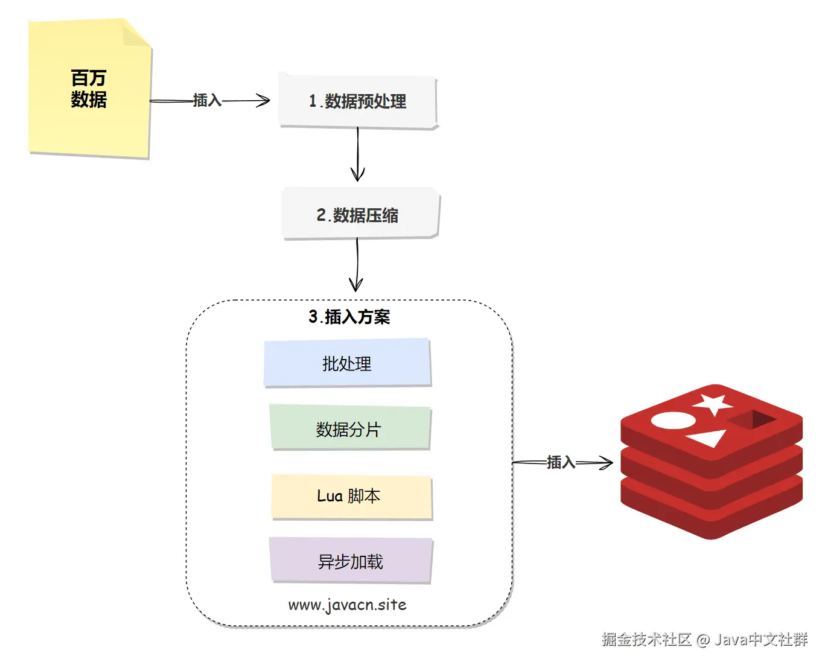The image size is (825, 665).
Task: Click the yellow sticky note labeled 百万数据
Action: [x=90, y=89]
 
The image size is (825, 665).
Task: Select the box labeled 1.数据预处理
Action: [x=358, y=101]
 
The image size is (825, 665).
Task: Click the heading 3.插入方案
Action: [x=349, y=317]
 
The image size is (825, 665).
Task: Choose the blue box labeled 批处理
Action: [x=348, y=363]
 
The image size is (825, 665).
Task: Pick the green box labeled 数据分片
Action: [x=349, y=428]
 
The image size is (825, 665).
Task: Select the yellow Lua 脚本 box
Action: [x=351, y=497]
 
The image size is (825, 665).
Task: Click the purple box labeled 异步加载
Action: [x=351, y=561]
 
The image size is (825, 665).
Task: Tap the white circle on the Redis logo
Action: [x=673, y=421]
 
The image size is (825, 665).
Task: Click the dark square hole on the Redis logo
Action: [x=752, y=419]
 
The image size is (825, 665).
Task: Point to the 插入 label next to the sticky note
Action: [x=207, y=100]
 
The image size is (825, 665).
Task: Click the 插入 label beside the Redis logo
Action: [x=561, y=463]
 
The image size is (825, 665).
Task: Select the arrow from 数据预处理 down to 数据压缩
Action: [x=358, y=154]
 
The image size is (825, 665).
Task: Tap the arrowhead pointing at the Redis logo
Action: [x=607, y=463]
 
